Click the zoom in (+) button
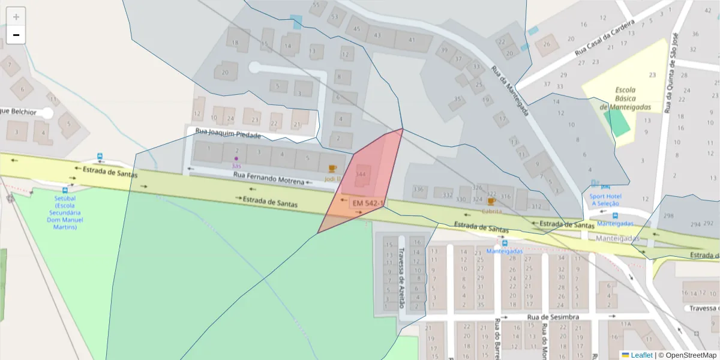click(x=16, y=17)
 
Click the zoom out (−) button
click(x=16, y=35)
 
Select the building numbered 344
click(x=361, y=174)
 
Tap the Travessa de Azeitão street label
click(x=402, y=278)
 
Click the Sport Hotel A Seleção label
click(x=605, y=200)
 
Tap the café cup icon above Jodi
click(x=332, y=169)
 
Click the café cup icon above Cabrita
click(x=491, y=202)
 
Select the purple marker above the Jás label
click(x=236, y=158)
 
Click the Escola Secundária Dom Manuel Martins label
click(x=65, y=212)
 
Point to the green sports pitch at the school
click(x=617, y=122)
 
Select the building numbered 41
click(x=412, y=40)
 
